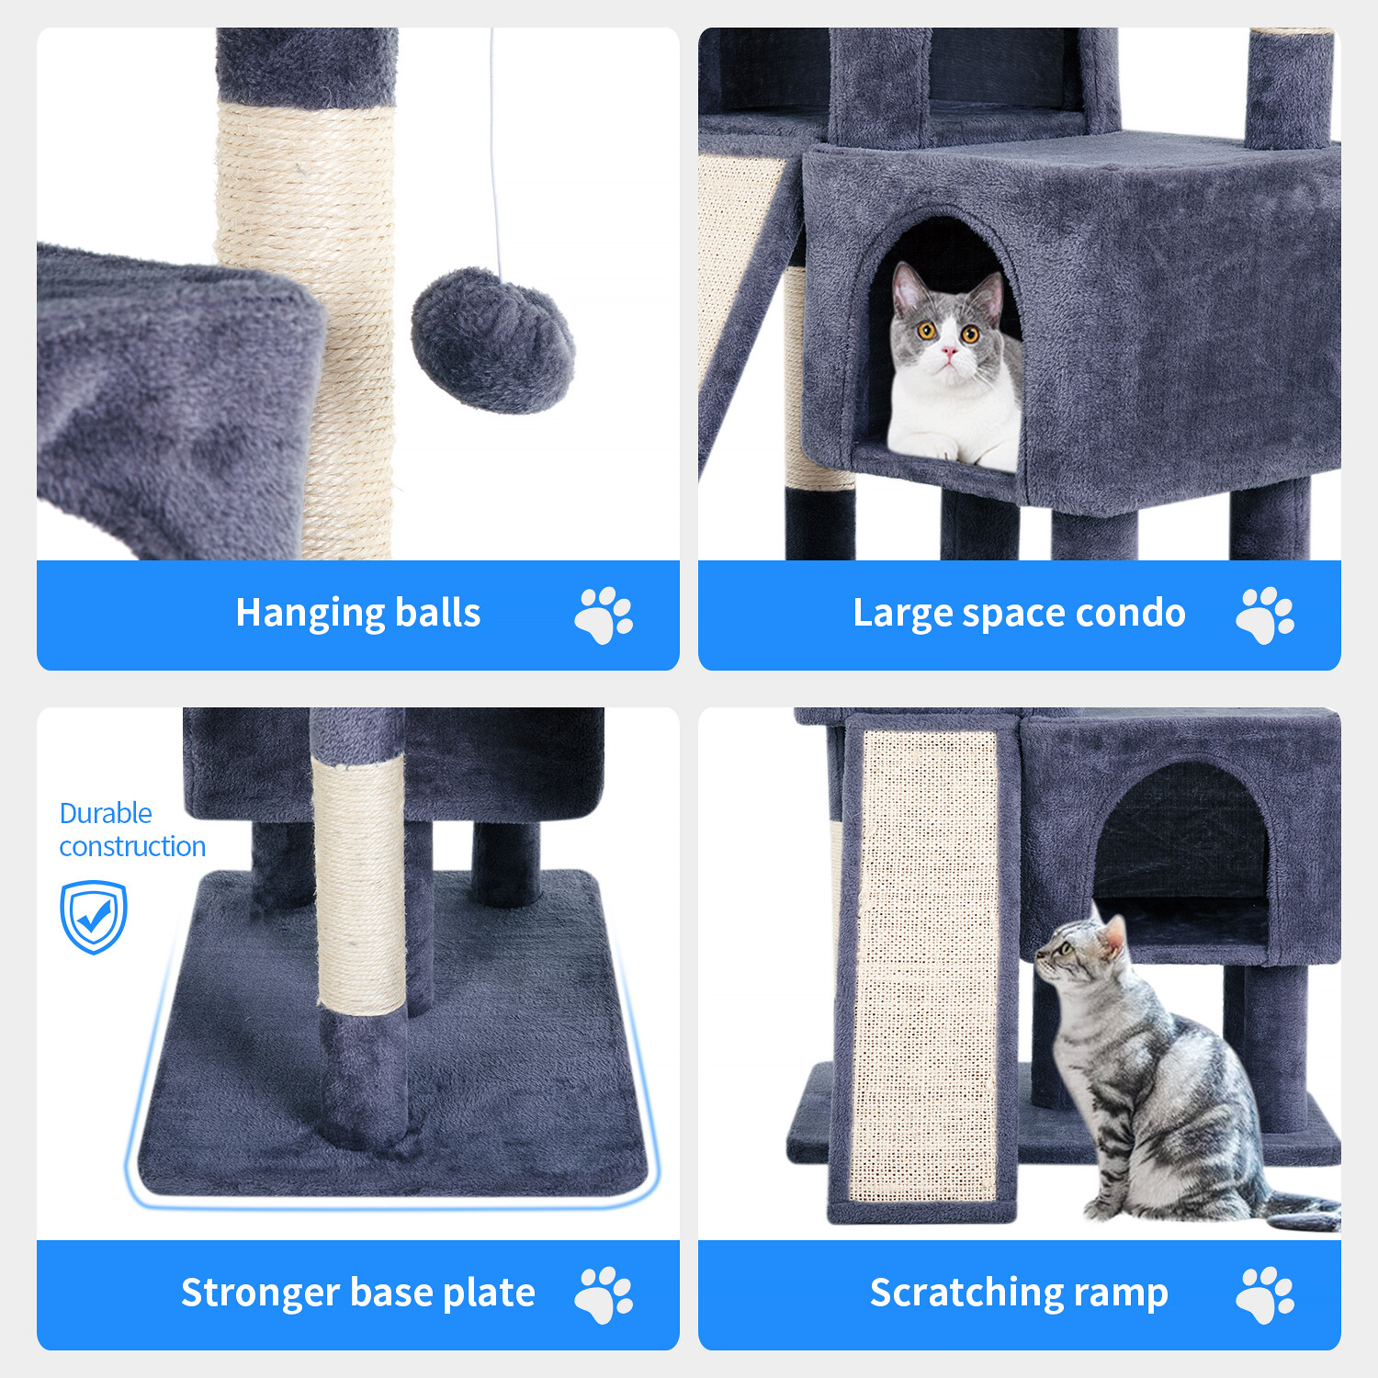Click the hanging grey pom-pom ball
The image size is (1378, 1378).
click(x=492, y=341)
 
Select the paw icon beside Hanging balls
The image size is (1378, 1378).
click(x=604, y=616)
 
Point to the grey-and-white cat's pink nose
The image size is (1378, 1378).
click(x=949, y=350)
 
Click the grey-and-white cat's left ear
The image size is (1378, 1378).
click(x=906, y=287)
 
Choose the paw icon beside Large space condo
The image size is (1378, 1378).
click(x=1265, y=616)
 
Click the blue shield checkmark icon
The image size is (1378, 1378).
click(x=94, y=917)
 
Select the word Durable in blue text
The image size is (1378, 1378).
click(x=106, y=813)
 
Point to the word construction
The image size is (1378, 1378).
click(x=132, y=846)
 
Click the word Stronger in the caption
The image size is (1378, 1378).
click(x=247, y=1293)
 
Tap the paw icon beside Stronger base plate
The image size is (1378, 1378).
click(x=604, y=1295)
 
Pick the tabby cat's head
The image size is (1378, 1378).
click(x=1079, y=951)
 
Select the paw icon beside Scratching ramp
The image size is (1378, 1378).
click(x=1265, y=1295)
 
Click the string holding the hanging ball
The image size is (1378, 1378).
click(x=495, y=156)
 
